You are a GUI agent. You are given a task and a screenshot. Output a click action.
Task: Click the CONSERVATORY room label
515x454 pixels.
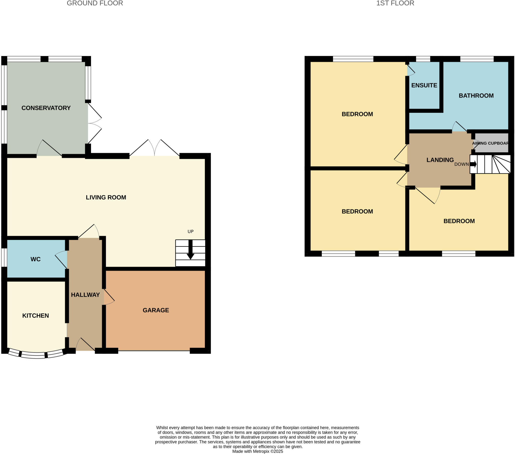[46, 108]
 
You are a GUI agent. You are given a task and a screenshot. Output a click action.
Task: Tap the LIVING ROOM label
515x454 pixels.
[106, 197]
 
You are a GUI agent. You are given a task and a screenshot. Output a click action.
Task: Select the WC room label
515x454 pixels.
[35, 259]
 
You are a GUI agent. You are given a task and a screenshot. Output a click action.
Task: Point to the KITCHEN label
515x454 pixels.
[35, 316]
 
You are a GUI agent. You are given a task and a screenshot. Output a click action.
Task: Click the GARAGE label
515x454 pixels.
[156, 310]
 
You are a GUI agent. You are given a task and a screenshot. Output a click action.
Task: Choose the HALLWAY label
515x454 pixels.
[85, 295]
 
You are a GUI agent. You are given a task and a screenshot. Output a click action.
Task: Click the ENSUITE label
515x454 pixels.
[424, 85]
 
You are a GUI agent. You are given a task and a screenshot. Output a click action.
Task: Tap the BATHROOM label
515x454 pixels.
[476, 96]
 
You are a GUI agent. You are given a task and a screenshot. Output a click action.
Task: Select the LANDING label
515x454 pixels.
[440, 160]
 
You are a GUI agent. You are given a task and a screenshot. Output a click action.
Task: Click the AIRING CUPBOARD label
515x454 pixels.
[490, 143]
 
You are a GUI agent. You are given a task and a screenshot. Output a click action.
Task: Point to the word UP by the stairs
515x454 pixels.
[190, 231]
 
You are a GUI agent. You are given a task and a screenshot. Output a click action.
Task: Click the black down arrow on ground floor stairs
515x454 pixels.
[190, 249]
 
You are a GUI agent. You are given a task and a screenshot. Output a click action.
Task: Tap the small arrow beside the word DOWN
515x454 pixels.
[473, 164]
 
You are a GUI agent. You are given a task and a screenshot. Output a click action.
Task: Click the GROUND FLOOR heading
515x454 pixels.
[95, 3]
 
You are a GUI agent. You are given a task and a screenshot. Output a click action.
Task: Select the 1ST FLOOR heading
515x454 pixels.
[395, 3]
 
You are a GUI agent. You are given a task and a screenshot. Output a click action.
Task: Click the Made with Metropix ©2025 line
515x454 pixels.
[257, 451]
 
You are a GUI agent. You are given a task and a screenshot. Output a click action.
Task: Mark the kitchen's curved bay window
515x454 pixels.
[37, 354]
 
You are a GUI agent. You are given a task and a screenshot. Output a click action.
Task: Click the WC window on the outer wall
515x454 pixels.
[4, 257]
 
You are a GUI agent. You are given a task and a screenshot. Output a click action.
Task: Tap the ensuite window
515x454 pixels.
[423, 59]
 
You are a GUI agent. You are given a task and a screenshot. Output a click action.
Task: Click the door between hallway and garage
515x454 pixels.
[109, 297]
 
